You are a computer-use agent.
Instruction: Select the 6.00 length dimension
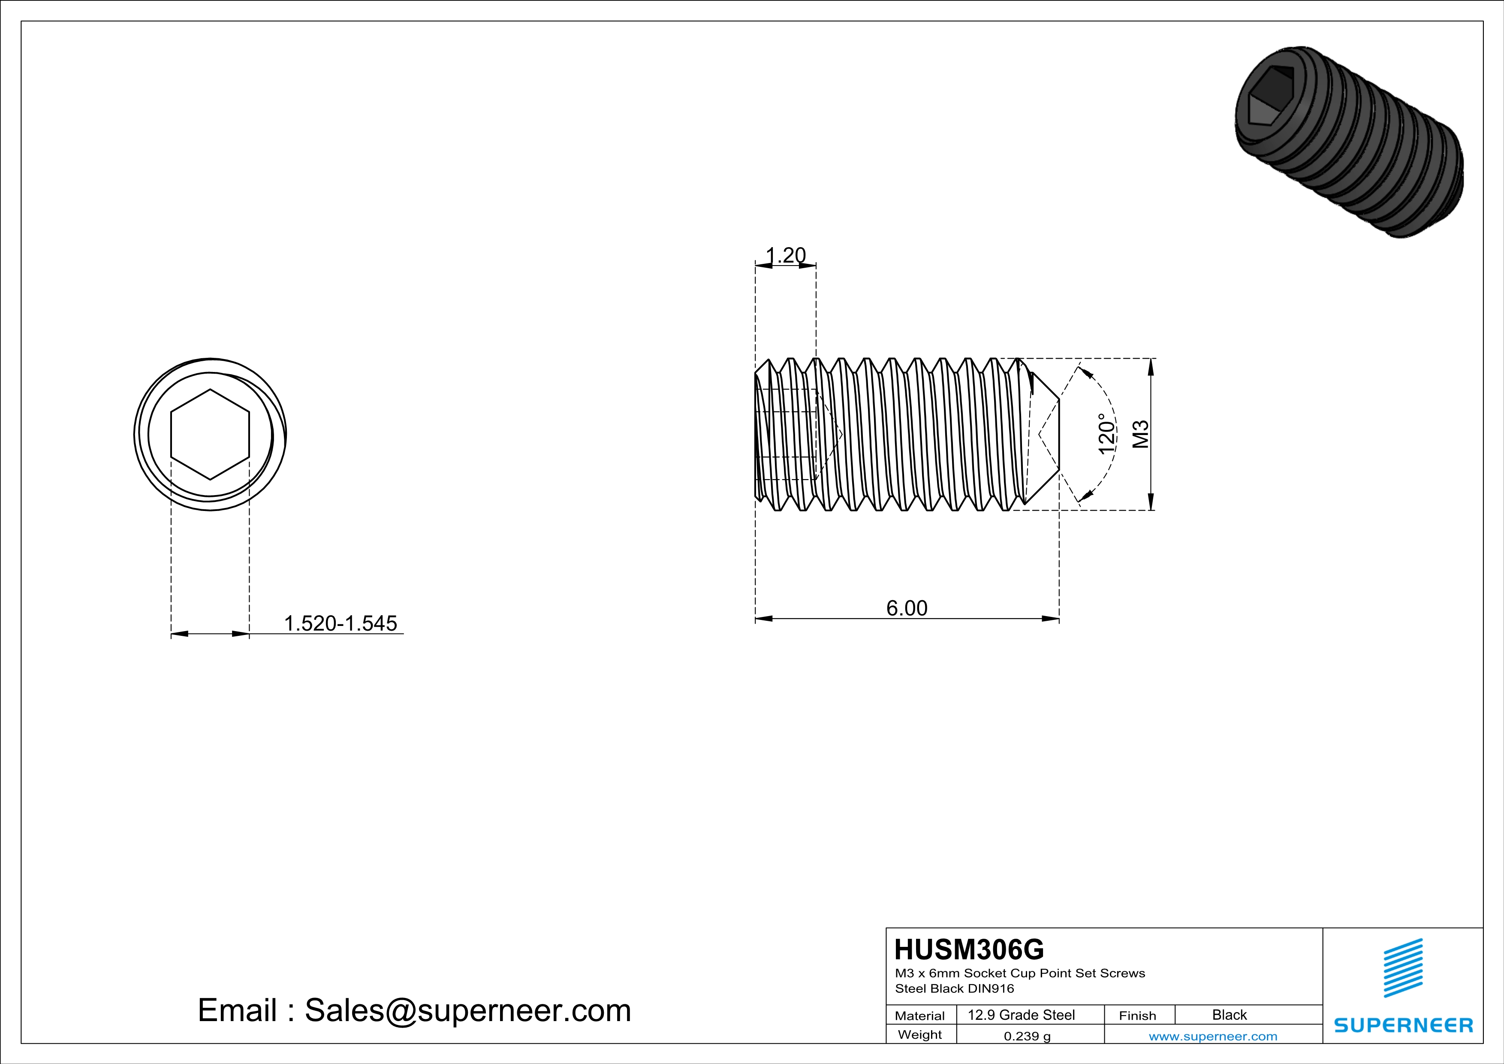point(907,608)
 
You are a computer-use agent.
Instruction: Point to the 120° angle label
point(1106,434)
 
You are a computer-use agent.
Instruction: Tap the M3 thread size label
point(1140,434)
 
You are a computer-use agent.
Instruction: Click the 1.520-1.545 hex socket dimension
point(341,623)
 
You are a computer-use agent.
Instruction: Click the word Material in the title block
point(920,1016)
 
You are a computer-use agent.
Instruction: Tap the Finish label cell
point(1137,1016)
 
